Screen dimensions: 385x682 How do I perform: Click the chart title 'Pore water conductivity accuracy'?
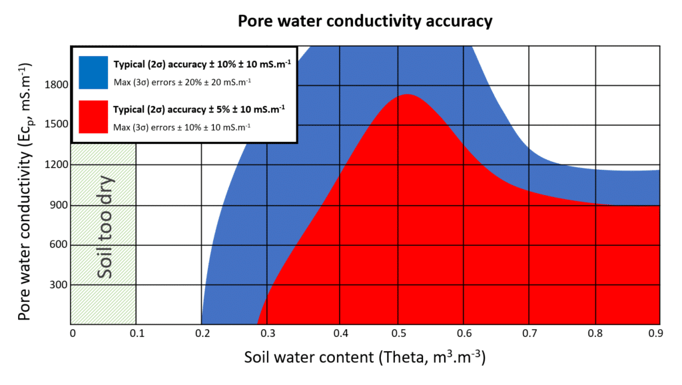tap(365, 21)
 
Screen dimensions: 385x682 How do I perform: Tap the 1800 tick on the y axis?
tap(55, 85)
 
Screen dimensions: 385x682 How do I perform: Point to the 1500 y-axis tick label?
tap(55, 125)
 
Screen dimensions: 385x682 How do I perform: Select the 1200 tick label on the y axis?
tap(55, 165)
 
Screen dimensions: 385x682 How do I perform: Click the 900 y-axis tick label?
tap(58, 205)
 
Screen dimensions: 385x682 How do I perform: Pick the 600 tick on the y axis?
tap(58, 245)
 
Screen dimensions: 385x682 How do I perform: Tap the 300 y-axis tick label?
tap(58, 285)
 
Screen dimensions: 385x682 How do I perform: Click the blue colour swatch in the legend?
tap(92, 71)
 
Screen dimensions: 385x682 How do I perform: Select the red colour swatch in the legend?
tap(92, 115)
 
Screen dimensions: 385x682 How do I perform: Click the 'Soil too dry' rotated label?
tap(105, 227)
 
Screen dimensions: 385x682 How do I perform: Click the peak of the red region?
tap(408, 95)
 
